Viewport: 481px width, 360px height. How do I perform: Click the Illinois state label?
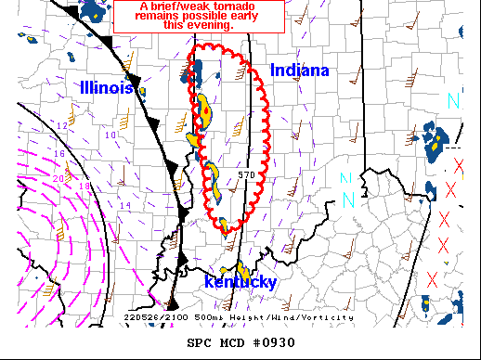tap(106, 86)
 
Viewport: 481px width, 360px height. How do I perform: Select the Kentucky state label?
tap(240, 282)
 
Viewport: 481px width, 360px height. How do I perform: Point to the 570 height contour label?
tap(246, 174)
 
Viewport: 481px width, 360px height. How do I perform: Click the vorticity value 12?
tap(62, 124)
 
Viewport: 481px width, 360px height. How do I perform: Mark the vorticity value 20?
tap(58, 178)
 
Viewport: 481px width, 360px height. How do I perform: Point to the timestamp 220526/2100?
tap(155, 317)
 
